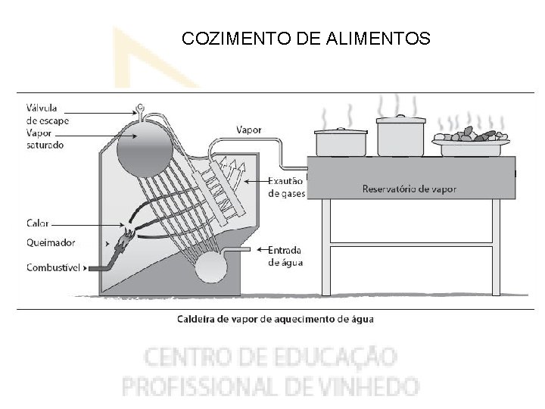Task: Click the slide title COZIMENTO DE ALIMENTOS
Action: tap(306, 39)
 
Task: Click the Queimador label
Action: tap(50, 244)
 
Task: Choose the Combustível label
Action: tap(54, 267)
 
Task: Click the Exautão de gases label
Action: tap(286, 187)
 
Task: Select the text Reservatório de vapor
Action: tap(410, 189)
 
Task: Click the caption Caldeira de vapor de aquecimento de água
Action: tap(275, 319)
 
